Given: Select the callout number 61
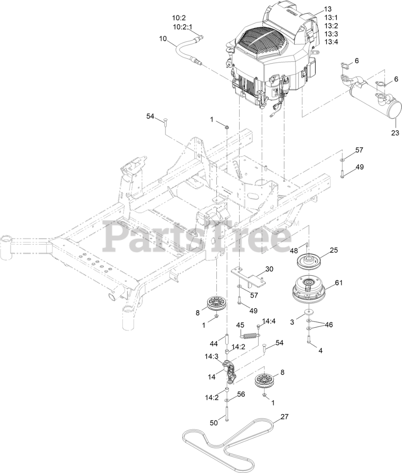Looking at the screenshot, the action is tap(339, 283).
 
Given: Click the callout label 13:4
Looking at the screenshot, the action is tap(331, 42).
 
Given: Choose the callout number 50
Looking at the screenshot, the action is tap(214, 423).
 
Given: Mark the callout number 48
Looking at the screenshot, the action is tap(293, 251).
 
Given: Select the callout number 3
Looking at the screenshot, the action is tap(292, 322).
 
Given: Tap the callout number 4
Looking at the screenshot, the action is tap(320, 351).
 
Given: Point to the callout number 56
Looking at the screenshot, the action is tap(241, 394).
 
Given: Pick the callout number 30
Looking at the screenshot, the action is tap(269, 269).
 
